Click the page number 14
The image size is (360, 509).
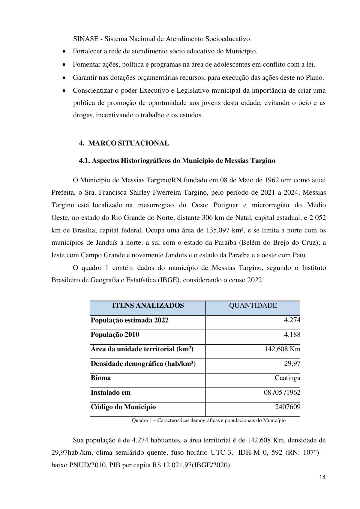coord(322,478)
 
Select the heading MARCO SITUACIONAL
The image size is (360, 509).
coord(129,143)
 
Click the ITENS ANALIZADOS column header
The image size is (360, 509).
coord(148,306)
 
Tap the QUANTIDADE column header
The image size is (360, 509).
coord(253,306)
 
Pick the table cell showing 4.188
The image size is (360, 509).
coord(292,335)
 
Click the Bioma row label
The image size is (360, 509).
coord(101,378)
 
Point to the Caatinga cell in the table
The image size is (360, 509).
coord(287,378)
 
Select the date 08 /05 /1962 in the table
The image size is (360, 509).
coord(282,392)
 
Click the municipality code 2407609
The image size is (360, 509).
coord(287,407)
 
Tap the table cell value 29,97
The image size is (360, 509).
coord(292,364)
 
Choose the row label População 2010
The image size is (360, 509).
coord(115,335)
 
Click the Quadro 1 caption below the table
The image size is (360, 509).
coord(208,421)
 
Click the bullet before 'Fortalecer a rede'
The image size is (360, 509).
coord(64,52)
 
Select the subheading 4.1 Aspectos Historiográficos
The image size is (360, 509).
coord(177,161)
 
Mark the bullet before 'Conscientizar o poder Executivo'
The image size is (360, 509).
coord(64,91)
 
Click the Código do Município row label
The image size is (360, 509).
coord(123,407)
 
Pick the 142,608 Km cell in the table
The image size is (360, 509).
coord(282,349)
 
